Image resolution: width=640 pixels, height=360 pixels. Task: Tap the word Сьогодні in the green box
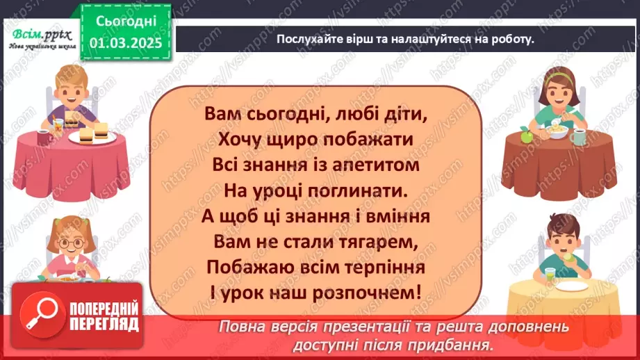pos(125,21)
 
